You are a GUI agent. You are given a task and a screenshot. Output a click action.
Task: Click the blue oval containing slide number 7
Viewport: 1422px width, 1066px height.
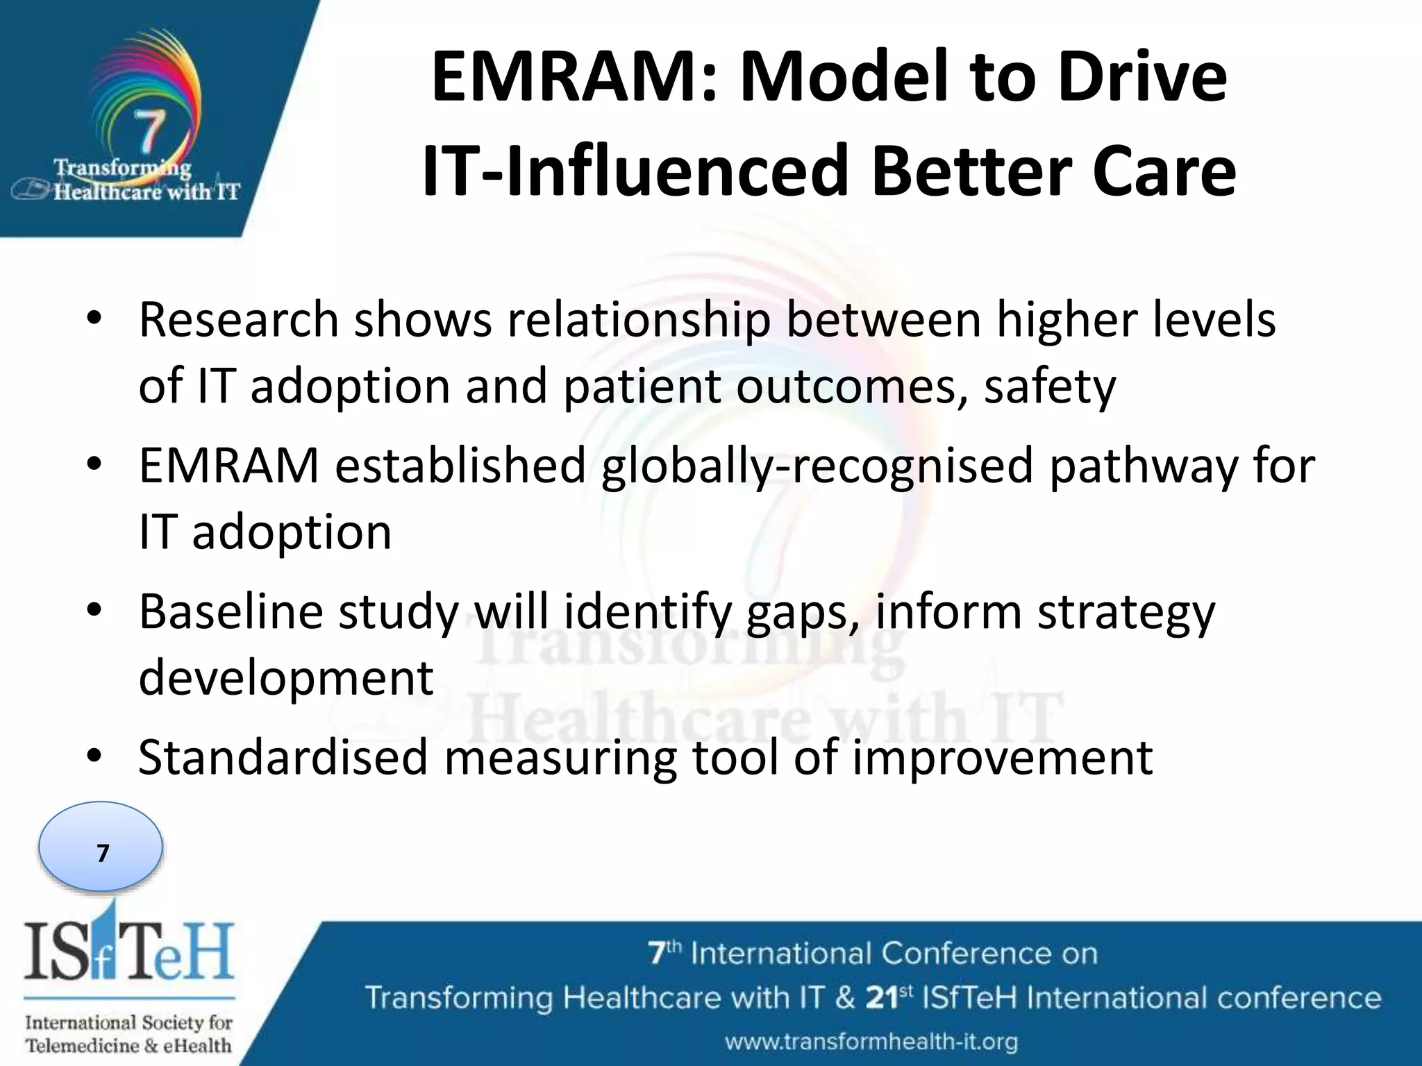101,847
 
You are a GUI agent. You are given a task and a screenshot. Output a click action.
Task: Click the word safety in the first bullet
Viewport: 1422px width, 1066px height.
1049,387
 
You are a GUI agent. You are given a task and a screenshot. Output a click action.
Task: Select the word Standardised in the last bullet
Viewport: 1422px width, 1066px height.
283,758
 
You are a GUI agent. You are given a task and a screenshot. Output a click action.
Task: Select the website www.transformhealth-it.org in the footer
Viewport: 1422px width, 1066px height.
871,1042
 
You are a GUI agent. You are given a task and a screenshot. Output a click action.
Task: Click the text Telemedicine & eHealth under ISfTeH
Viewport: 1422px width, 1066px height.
128,1045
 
